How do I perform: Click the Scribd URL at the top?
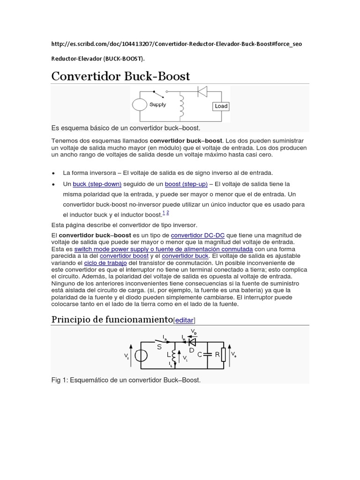pyautogui.click(x=177, y=44)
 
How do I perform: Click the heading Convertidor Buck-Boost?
pyautogui.click(x=120, y=76)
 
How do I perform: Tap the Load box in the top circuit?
pyautogui.click(x=221, y=106)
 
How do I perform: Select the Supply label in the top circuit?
pyautogui.click(x=157, y=105)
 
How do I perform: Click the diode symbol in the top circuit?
pyautogui.click(x=202, y=92)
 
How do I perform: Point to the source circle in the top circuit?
pyautogui.click(x=139, y=105)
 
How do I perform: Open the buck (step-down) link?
pyautogui.click(x=97, y=184)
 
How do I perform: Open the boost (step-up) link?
pyautogui.click(x=186, y=184)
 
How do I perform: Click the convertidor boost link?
pyautogui.click(x=124, y=256)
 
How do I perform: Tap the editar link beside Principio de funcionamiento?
pyautogui.click(x=184, y=320)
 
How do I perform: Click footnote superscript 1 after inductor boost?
pyautogui.click(x=164, y=212)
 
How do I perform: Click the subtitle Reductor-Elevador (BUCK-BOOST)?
pyautogui.click(x=98, y=59)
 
